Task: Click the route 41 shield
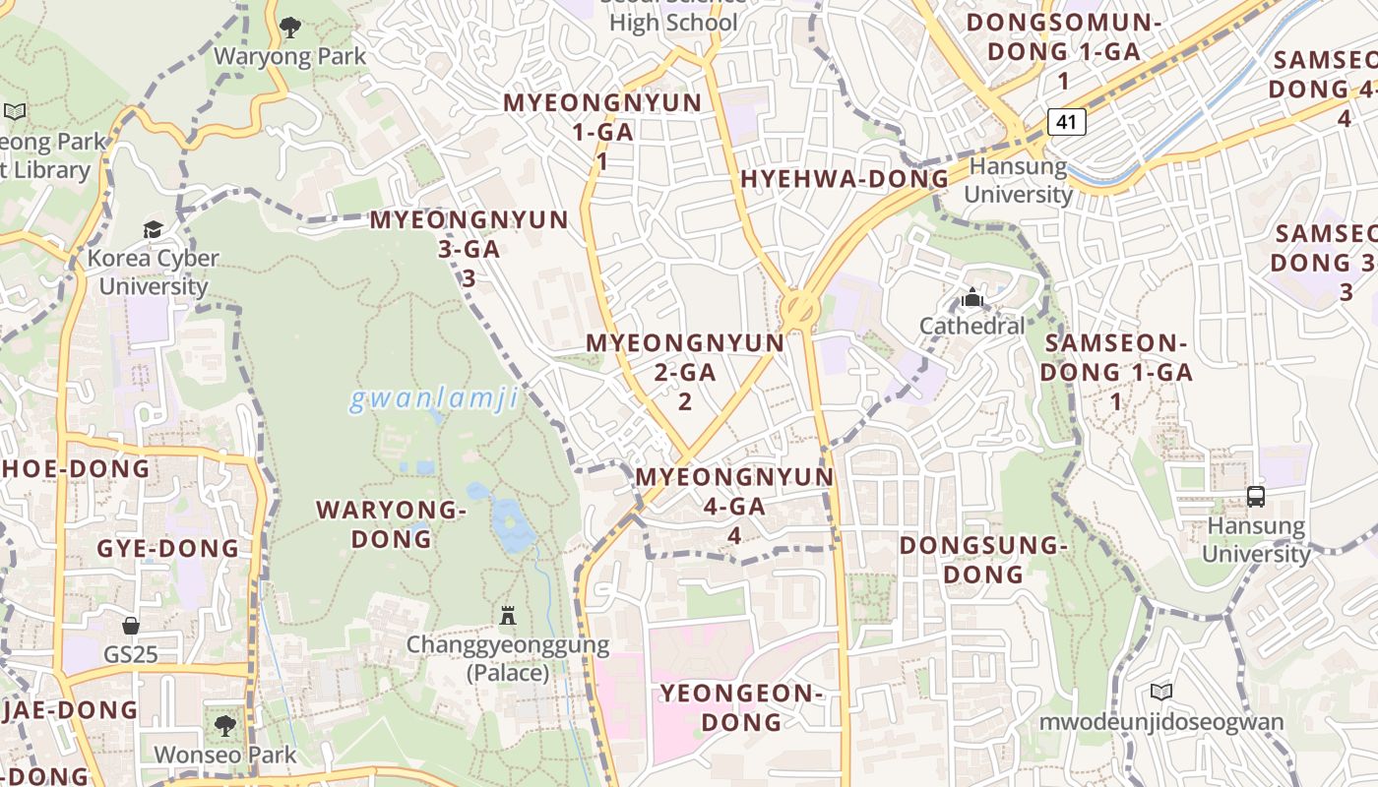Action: coord(1066,122)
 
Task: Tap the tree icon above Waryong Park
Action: coord(289,27)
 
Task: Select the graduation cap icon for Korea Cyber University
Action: coord(153,229)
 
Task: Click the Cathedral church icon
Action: coord(972,296)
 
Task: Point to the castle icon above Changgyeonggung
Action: coord(508,616)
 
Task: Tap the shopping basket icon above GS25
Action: coord(131,626)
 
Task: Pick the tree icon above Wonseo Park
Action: coord(224,726)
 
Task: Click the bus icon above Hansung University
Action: coord(1256,496)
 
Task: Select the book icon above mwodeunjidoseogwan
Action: coord(1161,692)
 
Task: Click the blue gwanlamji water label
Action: coord(433,399)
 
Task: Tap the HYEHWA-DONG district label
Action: coord(845,179)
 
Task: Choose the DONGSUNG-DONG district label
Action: coord(983,559)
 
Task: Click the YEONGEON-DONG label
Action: coord(741,707)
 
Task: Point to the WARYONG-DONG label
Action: coord(391,523)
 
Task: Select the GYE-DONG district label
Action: coord(167,548)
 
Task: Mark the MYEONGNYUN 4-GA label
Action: coord(734,506)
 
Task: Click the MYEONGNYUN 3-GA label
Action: coord(470,249)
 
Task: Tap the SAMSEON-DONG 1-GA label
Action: coord(1116,372)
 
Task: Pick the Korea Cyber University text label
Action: coord(153,272)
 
